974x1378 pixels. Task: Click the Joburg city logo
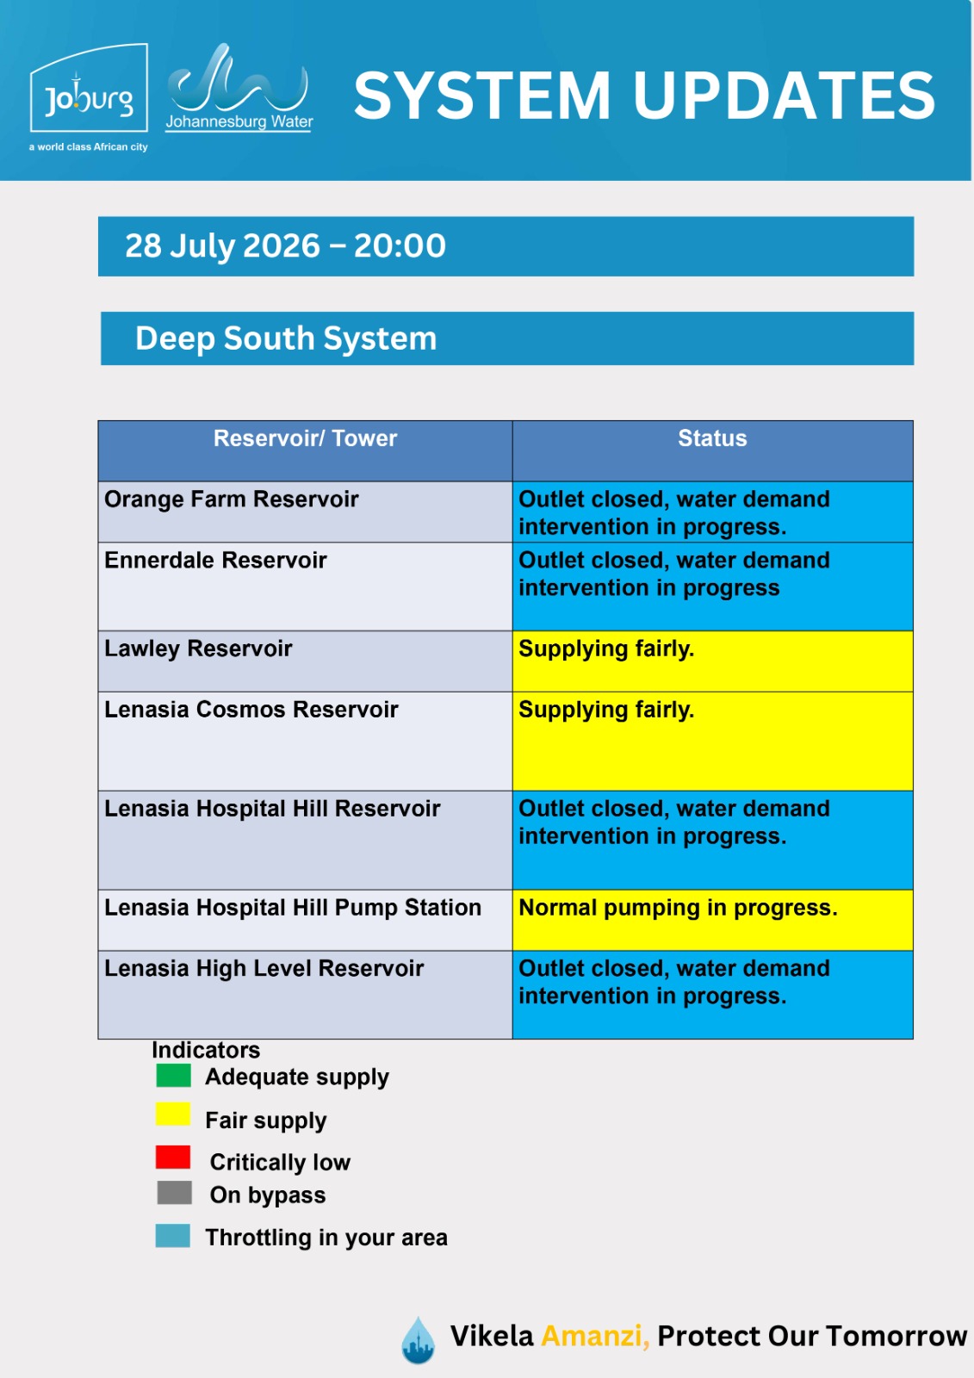pos(89,97)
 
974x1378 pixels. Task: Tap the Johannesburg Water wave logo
pos(239,87)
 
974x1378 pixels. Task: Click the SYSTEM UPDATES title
pos(644,96)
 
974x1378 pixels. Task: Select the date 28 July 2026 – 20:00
pos(286,245)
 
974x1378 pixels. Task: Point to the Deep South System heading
pos(286,338)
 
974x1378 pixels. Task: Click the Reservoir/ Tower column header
pos(305,438)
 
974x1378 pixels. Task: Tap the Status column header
pos(712,438)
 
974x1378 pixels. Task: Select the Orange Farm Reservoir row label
pos(232,499)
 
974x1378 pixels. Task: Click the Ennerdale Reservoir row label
pos(215,560)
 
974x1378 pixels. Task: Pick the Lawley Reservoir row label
pos(198,649)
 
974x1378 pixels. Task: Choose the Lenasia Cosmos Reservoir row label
pos(251,710)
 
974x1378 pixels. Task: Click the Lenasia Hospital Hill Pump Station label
pos(293,908)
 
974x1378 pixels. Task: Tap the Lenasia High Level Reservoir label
pos(264,968)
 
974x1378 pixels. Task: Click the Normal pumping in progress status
pos(678,908)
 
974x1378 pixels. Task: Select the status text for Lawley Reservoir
pos(606,649)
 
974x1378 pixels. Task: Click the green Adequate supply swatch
pos(173,1076)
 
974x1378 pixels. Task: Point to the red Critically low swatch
pos(173,1158)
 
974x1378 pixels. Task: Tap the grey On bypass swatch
pos(174,1192)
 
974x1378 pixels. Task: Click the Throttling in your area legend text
pos(326,1237)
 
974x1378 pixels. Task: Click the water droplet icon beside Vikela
pos(418,1340)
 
